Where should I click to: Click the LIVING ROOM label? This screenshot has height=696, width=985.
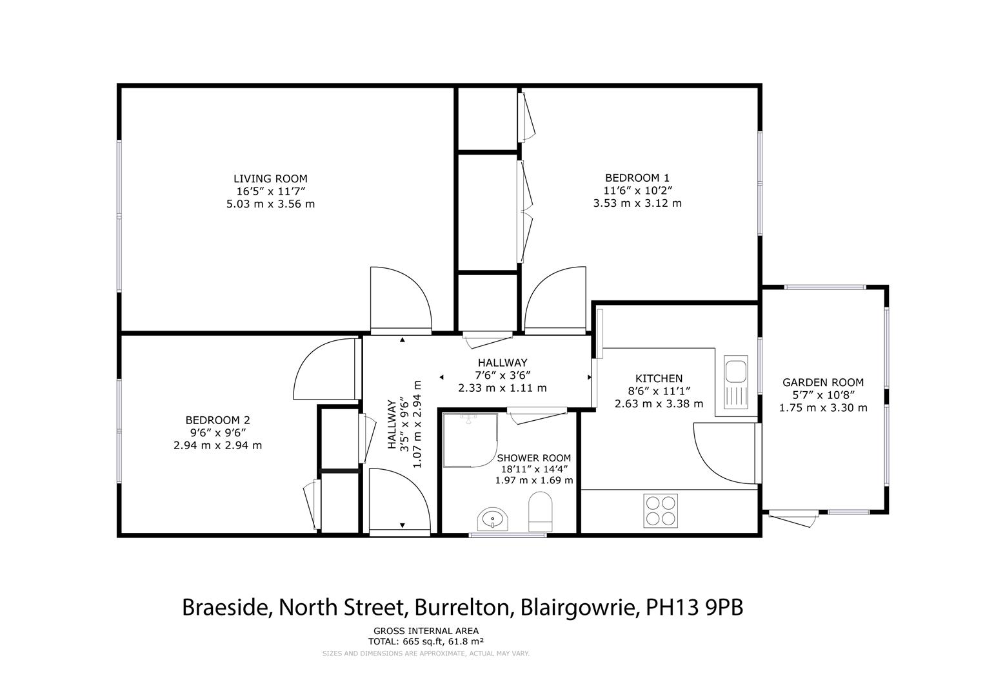(270, 179)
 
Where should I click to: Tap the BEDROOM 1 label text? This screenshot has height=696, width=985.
(637, 178)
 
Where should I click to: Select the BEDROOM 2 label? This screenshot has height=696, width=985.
(217, 420)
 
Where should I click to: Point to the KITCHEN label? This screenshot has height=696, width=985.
(659, 378)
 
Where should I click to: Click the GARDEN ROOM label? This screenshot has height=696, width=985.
(823, 382)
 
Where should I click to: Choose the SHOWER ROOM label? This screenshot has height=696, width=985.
(534, 458)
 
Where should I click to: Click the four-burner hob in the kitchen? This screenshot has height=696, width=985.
(661, 510)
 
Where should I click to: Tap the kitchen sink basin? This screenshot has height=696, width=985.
(735, 371)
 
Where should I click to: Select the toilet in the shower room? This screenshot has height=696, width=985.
(540, 512)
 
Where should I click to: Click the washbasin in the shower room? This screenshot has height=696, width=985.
(493, 519)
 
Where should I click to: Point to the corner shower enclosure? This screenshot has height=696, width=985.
(470, 440)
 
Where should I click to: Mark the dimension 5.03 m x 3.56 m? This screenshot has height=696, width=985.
(270, 204)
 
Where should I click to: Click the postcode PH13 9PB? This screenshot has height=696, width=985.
(694, 608)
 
